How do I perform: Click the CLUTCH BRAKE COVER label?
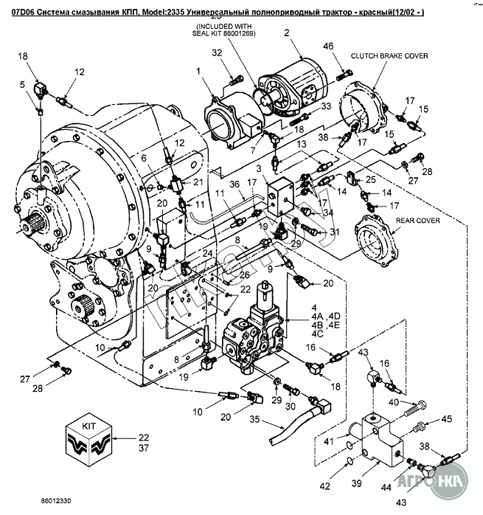coord(389,55)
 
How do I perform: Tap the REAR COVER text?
coord(397,220)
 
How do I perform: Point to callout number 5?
coord(23,85)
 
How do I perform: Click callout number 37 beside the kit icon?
coord(143,448)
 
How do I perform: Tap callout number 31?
coord(334,232)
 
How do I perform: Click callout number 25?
coord(371,179)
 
